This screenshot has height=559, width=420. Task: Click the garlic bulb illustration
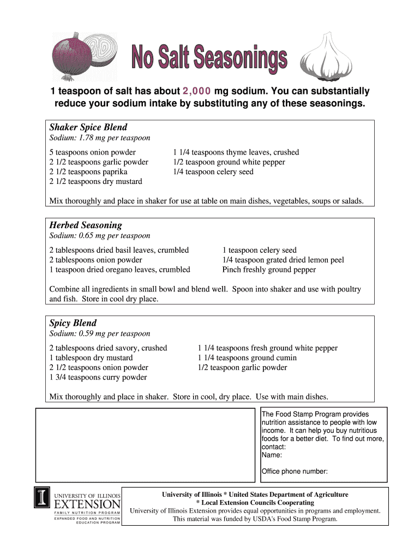coord(323,57)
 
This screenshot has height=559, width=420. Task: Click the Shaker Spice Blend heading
coord(88,127)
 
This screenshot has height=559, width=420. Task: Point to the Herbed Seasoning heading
coord(86,225)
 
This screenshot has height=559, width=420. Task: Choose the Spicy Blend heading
coord(73,323)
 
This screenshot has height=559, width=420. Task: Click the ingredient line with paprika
coord(88,172)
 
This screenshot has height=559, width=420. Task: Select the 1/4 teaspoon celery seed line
coord(213,172)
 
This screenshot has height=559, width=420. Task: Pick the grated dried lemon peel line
coord(283,260)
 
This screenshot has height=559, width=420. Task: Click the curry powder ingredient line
coord(98,377)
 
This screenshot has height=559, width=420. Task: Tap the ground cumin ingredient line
coord(247,358)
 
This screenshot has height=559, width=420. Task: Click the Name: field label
coord(272,455)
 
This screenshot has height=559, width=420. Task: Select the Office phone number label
coord(295,471)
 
